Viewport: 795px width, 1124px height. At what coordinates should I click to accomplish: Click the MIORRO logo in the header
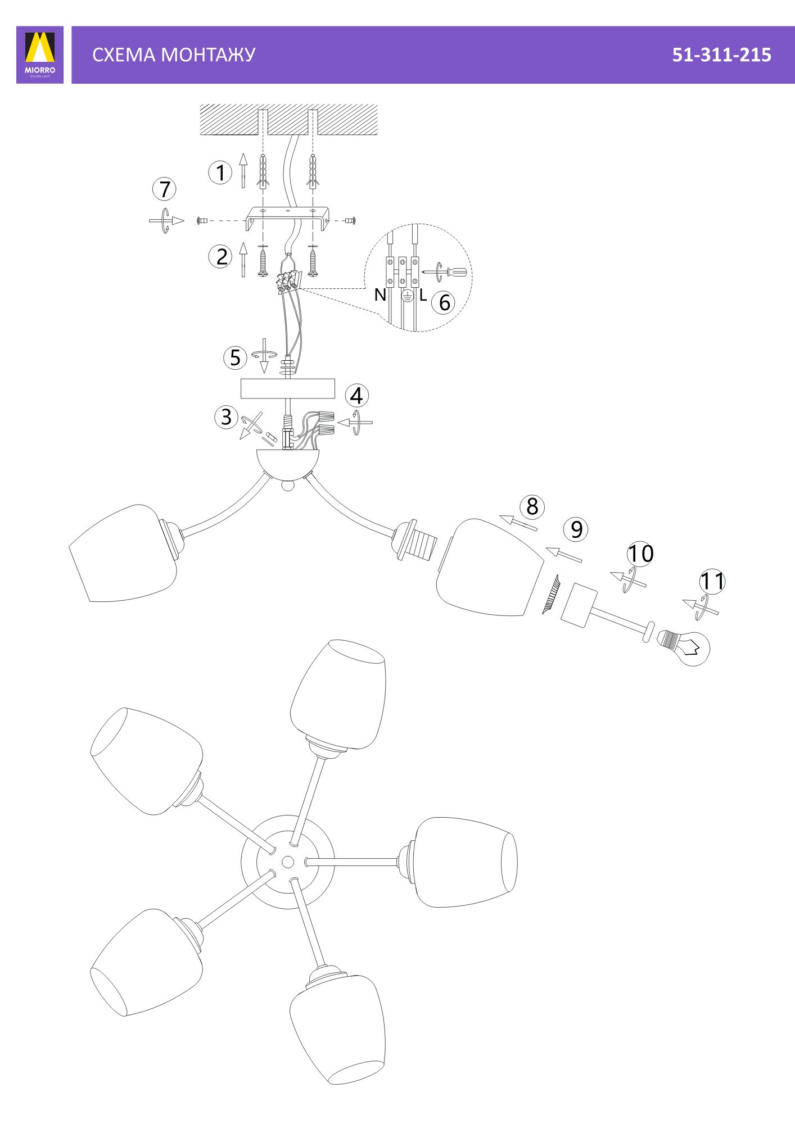pyautogui.click(x=40, y=55)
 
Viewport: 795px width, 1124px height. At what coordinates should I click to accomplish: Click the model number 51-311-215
pyautogui.click(x=721, y=55)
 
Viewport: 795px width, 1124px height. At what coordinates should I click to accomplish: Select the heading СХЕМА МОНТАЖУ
pyautogui.click(x=174, y=55)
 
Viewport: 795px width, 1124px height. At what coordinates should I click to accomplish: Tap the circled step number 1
pyautogui.click(x=220, y=173)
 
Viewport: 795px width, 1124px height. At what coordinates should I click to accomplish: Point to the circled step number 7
pyautogui.click(x=164, y=189)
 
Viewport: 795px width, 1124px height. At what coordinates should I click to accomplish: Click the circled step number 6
pyautogui.click(x=444, y=302)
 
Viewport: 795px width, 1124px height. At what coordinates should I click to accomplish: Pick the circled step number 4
pyautogui.click(x=357, y=396)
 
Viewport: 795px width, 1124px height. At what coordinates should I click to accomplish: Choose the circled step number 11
pyautogui.click(x=712, y=581)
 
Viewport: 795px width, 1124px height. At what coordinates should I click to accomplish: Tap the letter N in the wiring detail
pyautogui.click(x=380, y=294)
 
